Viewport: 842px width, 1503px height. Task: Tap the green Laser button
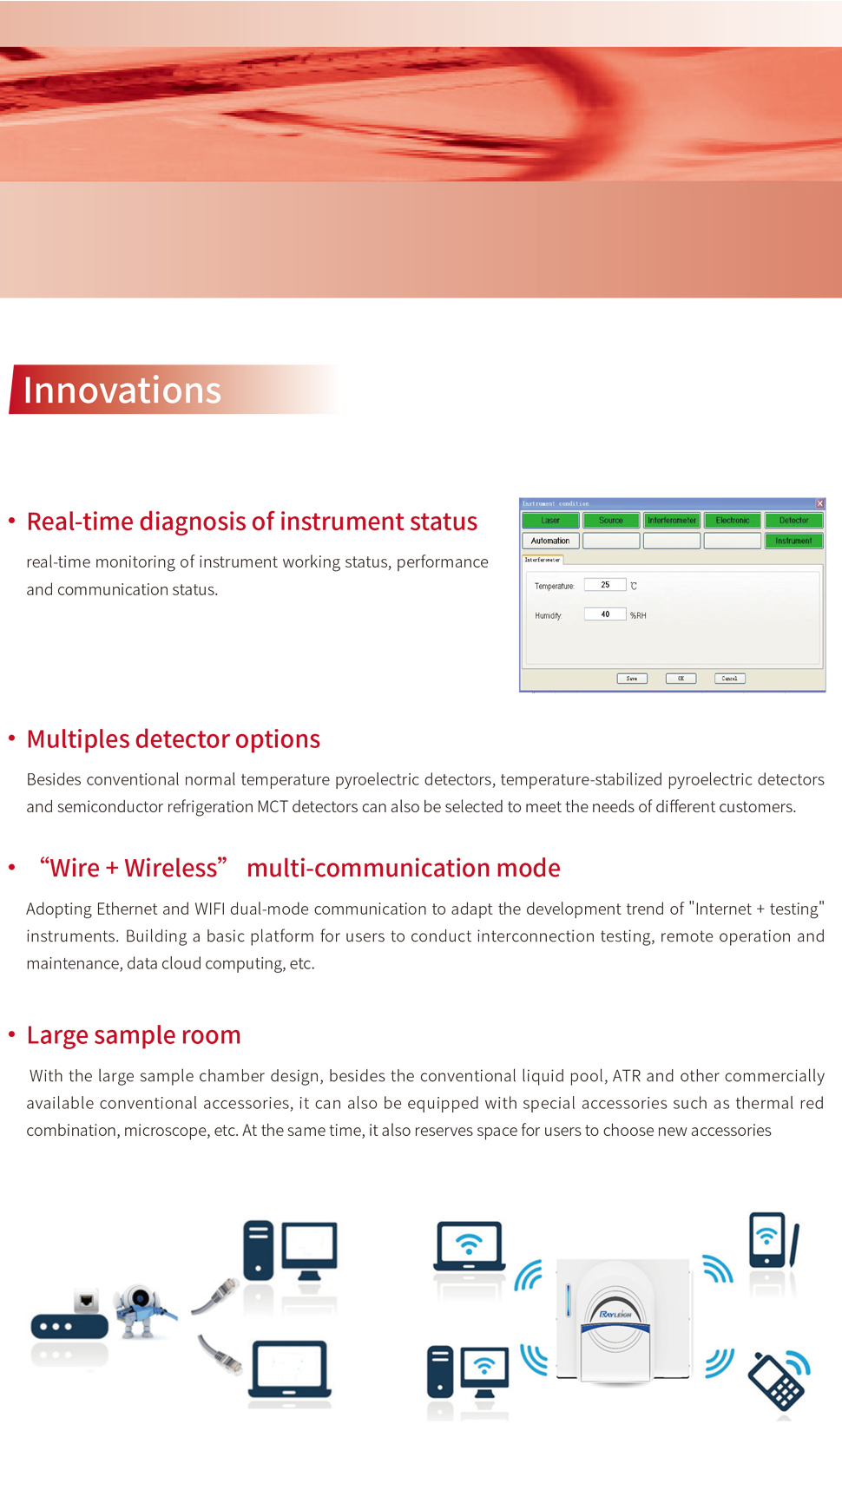coord(550,521)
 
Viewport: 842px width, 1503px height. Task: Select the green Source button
coord(611,521)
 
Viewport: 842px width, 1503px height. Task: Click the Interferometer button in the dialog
coord(672,521)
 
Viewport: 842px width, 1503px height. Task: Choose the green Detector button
coord(793,521)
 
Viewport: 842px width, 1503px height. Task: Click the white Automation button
coord(550,541)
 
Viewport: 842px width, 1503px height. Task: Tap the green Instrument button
coord(793,541)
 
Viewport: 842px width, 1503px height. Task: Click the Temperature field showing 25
coord(605,585)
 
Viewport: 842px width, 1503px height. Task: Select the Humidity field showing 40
coord(605,614)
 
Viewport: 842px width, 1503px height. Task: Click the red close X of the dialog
coord(819,503)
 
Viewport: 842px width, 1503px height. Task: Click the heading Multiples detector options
coord(174,739)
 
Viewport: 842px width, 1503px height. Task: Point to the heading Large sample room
coord(134,1035)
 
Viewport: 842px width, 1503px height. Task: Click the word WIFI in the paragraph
coord(210,909)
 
